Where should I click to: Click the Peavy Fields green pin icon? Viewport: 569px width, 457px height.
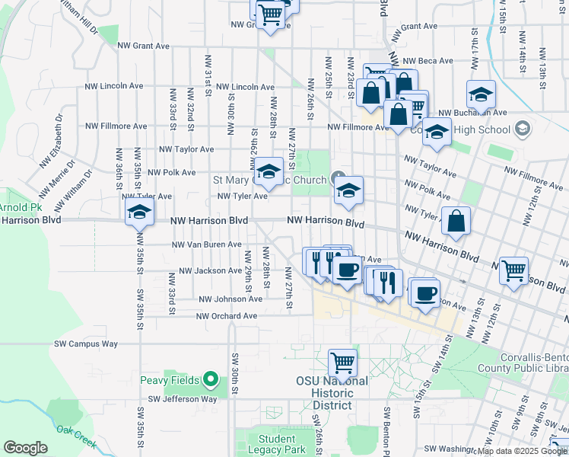[x=212, y=379]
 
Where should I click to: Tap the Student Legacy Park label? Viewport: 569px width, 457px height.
[x=277, y=444]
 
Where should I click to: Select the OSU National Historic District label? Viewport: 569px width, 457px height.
[x=332, y=392]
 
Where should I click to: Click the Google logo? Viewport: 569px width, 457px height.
[x=25, y=448]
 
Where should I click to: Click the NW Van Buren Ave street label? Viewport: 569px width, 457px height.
[x=206, y=244]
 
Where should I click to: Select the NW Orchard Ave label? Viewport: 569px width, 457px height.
[x=227, y=316]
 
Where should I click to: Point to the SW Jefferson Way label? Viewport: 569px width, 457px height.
[x=183, y=398]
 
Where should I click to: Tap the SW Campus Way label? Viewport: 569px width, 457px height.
[x=86, y=344]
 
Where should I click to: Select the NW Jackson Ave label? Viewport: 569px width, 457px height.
[x=210, y=270]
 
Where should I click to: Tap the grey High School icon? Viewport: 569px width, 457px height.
[x=522, y=129]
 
